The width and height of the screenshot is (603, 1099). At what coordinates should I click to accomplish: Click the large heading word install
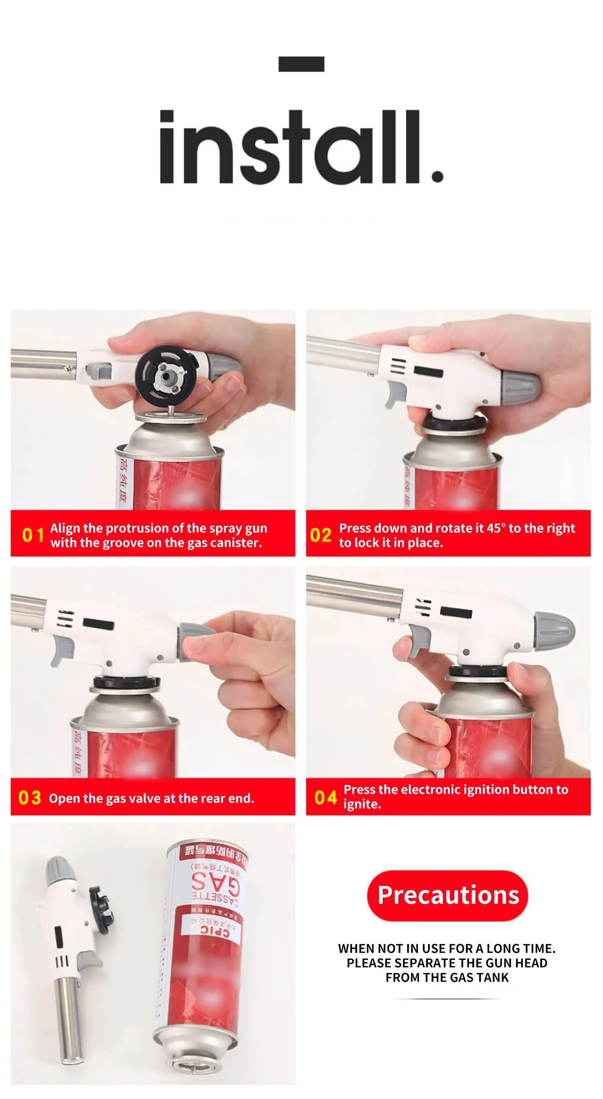(301, 147)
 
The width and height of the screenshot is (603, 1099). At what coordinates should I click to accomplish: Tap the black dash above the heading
(301, 64)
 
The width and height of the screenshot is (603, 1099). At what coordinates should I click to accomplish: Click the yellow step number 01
(33, 534)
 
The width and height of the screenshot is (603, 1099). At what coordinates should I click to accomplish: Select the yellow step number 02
(320, 534)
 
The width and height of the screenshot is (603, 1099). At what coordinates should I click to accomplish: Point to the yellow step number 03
(29, 798)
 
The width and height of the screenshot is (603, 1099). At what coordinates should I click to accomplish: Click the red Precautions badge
(447, 896)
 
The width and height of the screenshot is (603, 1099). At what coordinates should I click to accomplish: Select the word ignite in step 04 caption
(362, 804)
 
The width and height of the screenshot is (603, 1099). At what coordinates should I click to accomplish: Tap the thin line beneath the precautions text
(447, 1000)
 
